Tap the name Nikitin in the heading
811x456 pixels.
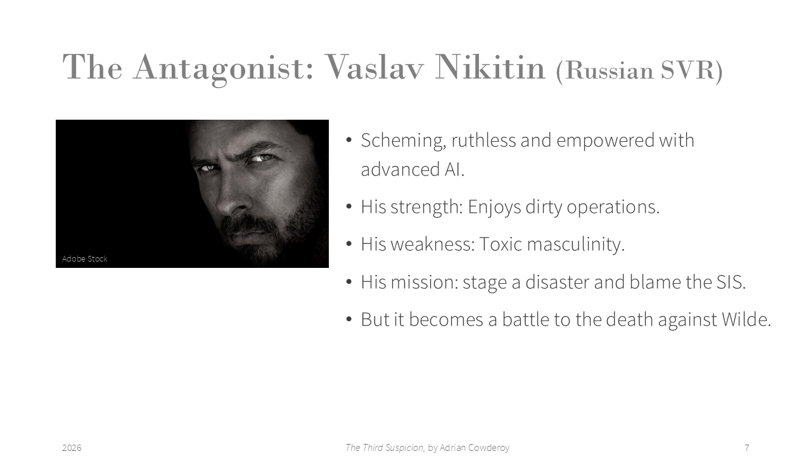click(x=490, y=67)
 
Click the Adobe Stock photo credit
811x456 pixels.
click(x=85, y=258)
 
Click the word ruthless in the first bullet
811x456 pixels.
click(x=483, y=140)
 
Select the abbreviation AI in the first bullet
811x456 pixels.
click(x=454, y=170)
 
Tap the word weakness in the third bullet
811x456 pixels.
click(x=433, y=244)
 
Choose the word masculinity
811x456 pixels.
click(x=576, y=244)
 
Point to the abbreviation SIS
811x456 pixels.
click(x=731, y=282)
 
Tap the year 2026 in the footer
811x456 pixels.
click(x=72, y=448)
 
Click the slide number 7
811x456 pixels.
click(x=746, y=448)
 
